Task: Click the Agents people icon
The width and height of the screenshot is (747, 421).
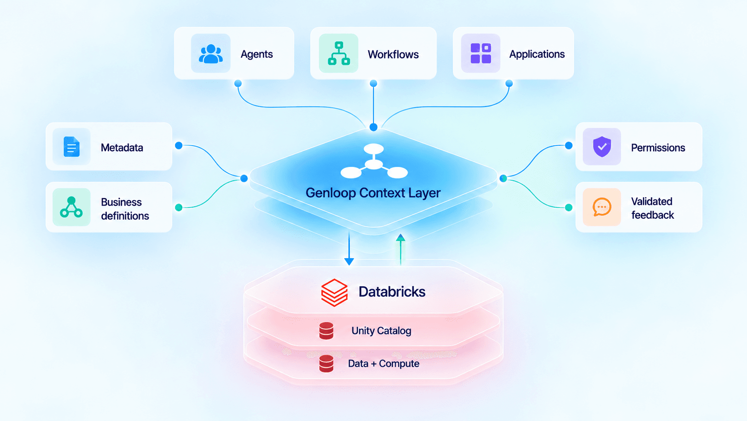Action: (x=210, y=54)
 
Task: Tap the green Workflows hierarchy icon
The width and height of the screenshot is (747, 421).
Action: (x=339, y=53)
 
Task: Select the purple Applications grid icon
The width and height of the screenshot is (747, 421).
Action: (x=481, y=53)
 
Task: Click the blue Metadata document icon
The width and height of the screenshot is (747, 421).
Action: (x=71, y=147)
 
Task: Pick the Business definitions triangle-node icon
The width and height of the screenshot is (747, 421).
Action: (x=71, y=207)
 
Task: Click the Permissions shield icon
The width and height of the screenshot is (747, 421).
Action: (x=602, y=147)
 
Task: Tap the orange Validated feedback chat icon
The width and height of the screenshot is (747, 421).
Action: (x=602, y=207)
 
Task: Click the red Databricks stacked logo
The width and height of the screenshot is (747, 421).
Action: (x=335, y=293)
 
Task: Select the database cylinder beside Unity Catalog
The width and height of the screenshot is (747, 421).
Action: (x=326, y=331)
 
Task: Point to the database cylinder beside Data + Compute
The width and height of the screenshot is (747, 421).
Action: (x=326, y=364)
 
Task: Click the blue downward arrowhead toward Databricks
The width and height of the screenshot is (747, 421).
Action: (x=349, y=261)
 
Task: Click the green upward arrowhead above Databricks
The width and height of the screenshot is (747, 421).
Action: (x=400, y=238)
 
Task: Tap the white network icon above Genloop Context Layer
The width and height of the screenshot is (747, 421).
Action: (x=374, y=161)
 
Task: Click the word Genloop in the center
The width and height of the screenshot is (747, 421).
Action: (x=331, y=193)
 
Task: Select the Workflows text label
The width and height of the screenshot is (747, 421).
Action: (x=393, y=54)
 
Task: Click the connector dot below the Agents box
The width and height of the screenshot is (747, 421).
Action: (x=238, y=83)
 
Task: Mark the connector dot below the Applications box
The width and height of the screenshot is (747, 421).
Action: (x=509, y=83)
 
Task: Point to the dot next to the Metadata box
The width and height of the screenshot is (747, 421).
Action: (x=179, y=145)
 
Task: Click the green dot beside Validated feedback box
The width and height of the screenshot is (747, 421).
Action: (x=569, y=207)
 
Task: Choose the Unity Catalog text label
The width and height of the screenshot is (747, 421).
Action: (x=381, y=331)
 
